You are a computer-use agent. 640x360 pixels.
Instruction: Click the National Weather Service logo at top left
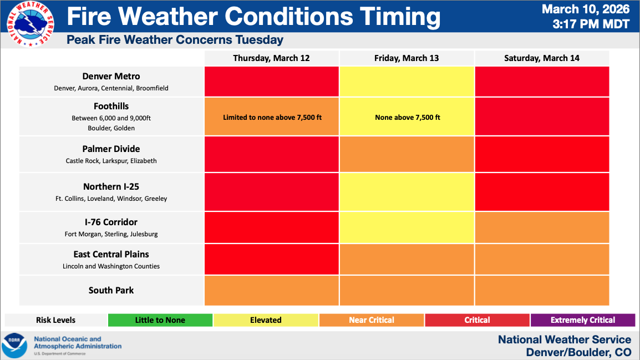pyautogui.click(x=30, y=24)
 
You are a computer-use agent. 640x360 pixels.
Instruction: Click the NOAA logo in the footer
pyautogui.click(x=14, y=345)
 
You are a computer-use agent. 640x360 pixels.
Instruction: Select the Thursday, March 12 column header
pyautogui.click(x=271, y=58)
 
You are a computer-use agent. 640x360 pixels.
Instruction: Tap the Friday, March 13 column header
pyautogui.click(x=407, y=58)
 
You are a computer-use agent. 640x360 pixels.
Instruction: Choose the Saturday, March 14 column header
pyautogui.click(x=542, y=58)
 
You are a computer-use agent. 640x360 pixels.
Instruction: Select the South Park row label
pyautogui.click(x=111, y=290)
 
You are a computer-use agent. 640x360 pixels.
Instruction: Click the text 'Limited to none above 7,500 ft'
pyautogui.click(x=272, y=117)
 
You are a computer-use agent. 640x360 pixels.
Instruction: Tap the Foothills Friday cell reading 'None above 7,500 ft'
pyautogui.click(x=407, y=117)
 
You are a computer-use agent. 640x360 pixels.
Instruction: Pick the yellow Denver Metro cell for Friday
pyautogui.click(x=407, y=81)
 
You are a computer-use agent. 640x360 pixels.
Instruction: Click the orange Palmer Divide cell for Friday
pyautogui.click(x=407, y=154)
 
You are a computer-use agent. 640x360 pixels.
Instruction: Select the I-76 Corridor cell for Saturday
pyautogui.click(x=542, y=227)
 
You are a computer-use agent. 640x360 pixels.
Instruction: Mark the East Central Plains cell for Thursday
pyautogui.click(x=271, y=259)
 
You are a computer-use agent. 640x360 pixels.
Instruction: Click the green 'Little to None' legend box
pyautogui.click(x=160, y=320)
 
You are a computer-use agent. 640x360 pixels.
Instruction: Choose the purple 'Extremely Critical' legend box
pyautogui.click(x=582, y=320)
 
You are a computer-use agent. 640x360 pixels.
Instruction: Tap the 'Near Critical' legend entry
pyautogui.click(x=371, y=320)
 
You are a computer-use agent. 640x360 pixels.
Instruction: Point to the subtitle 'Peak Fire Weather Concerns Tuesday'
pyautogui.click(x=175, y=40)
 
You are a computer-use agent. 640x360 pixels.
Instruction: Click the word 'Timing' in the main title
pyautogui.click(x=400, y=17)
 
